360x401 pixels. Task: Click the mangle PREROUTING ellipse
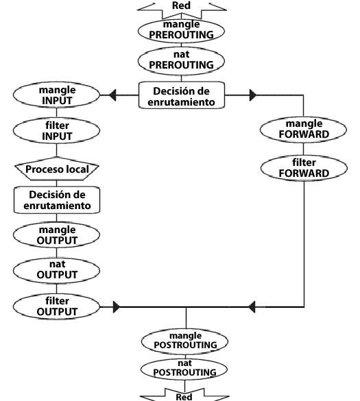pyautogui.click(x=181, y=31)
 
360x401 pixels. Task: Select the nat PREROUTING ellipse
pyautogui.click(x=181, y=61)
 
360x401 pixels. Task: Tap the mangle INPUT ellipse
pyautogui.click(x=56, y=95)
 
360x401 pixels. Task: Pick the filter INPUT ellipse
pyautogui.click(x=56, y=131)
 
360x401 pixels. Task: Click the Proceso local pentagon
pyautogui.click(x=57, y=169)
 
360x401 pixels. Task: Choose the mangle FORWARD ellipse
pyautogui.click(x=304, y=130)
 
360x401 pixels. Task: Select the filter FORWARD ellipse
pyautogui.click(x=304, y=168)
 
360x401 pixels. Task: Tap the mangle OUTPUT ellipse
pyautogui.click(x=56, y=234)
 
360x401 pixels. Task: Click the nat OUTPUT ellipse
pyautogui.click(x=56, y=271)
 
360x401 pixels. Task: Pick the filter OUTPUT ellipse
pyautogui.click(x=56, y=306)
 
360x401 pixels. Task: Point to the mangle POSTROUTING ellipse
pyautogui.click(x=184, y=341)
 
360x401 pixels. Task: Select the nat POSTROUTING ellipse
pyautogui.click(x=184, y=369)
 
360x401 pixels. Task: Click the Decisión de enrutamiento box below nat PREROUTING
pyautogui.click(x=182, y=95)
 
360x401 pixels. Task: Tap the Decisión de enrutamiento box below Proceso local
pyautogui.click(x=57, y=199)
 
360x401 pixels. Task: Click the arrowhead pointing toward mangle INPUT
pyautogui.click(x=112, y=95)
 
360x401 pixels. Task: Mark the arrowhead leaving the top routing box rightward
pyautogui.click(x=253, y=95)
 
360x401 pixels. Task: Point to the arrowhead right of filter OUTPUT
pyautogui.click(x=117, y=307)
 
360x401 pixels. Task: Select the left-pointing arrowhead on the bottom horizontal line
pyautogui.click(x=252, y=307)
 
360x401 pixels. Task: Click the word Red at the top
pyautogui.click(x=181, y=5)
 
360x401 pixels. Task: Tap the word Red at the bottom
pyautogui.click(x=184, y=397)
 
